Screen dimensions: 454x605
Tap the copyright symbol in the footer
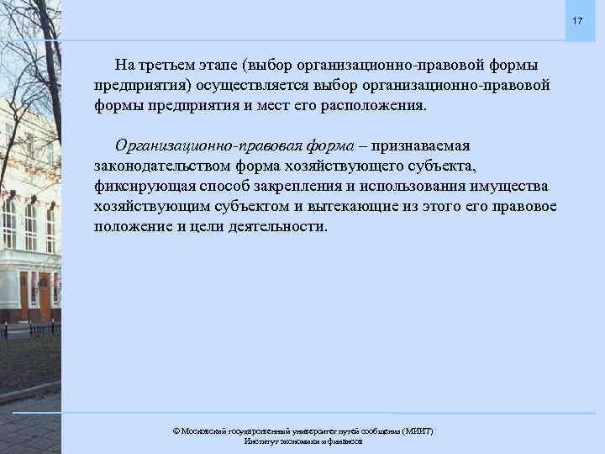[x=176, y=431]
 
